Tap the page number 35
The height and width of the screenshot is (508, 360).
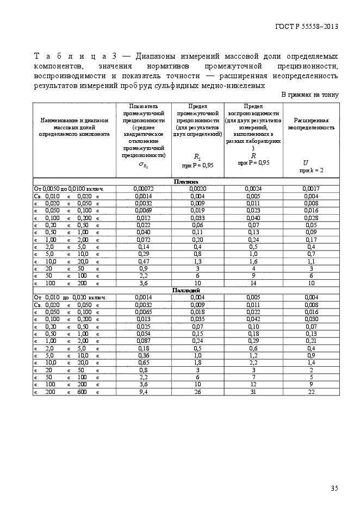click(334, 488)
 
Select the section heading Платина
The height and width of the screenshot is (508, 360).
click(185, 181)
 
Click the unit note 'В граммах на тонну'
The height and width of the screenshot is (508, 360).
click(309, 95)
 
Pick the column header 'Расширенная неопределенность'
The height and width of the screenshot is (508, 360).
click(311, 123)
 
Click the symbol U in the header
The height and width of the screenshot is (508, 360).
click(306, 162)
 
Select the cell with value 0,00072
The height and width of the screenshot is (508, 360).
click(144, 189)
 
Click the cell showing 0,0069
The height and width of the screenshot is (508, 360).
click(144, 210)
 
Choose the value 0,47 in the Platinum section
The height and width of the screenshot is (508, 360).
click(144, 261)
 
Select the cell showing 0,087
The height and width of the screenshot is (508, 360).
click(144, 341)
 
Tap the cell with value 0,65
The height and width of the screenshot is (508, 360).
click(144, 362)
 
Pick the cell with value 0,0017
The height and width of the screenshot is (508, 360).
click(311, 189)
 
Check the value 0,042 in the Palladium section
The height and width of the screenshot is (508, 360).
click(253, 319)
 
